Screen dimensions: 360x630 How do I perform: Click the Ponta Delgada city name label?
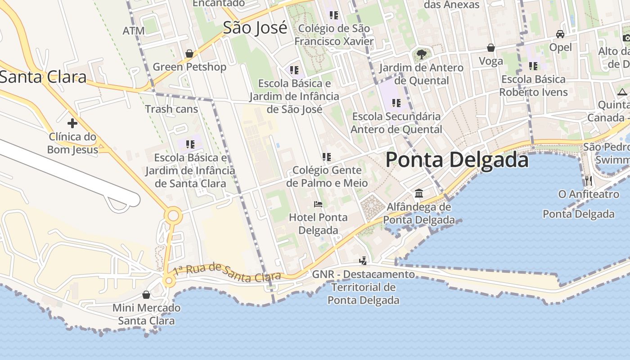(457, 160)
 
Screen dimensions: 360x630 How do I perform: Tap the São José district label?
(255, 28)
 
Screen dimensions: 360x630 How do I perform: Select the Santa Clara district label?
(43, 77)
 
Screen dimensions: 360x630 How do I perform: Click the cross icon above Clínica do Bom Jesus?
(72, 123)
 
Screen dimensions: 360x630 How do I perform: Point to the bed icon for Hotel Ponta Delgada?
(318, 204)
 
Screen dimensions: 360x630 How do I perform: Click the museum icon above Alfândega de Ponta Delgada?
(419, 193)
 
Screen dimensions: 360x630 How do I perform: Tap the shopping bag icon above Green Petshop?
(189, 54)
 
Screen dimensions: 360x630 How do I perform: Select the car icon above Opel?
(560, 34)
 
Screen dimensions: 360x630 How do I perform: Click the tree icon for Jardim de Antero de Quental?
(421, 54)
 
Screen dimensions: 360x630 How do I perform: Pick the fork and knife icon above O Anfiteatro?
(588, 181)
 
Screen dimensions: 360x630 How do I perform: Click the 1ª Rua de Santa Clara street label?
(227, 271)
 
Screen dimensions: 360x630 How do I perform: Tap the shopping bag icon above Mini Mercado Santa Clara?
(146, 295)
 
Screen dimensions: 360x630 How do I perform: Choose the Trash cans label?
(171, 109)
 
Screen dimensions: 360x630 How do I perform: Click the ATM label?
(134, 31)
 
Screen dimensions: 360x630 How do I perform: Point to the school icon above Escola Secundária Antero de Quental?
(396, 103)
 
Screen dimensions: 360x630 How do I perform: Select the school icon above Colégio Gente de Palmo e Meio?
(327, 157)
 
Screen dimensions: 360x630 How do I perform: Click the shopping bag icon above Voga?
(491, 48)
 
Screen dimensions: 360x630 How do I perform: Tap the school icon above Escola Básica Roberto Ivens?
(533, 66)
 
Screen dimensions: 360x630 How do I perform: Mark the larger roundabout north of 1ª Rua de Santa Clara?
(173, 216)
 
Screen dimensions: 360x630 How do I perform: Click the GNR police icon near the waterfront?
(363, 261)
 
